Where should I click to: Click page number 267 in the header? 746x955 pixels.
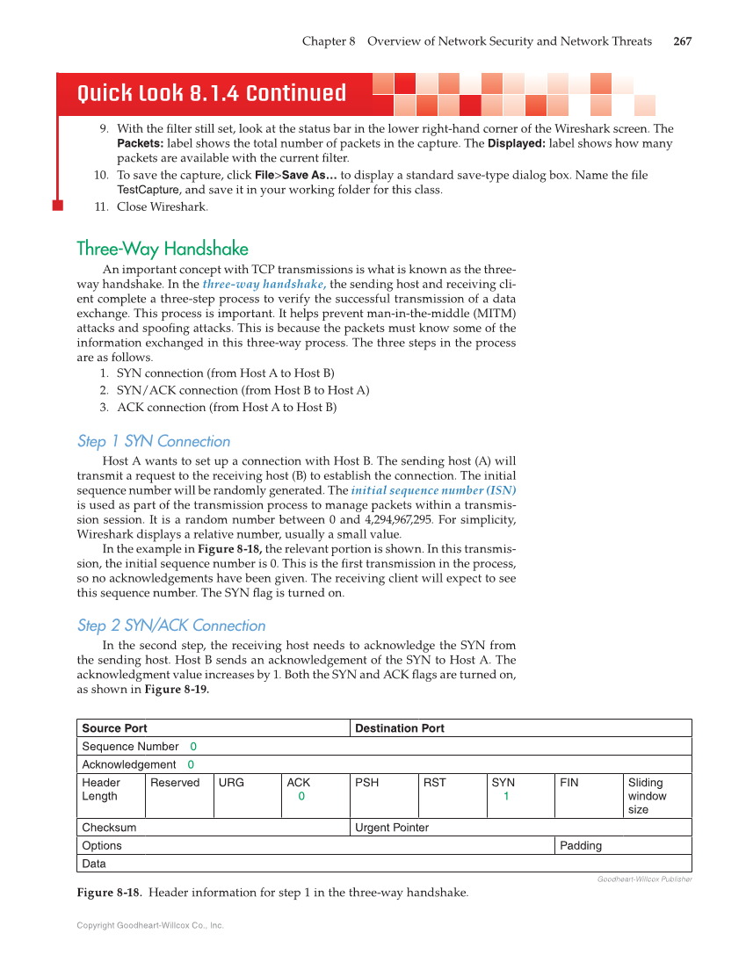point(682,41)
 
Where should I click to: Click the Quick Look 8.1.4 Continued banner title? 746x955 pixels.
point(212,93)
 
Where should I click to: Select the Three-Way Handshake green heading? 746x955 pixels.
point(163,249)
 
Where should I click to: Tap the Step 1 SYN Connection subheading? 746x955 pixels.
point(154,441)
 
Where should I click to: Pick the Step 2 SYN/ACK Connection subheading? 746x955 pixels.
point(171,626)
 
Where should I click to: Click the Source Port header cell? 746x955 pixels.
point(114,728)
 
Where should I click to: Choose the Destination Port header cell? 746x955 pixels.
point(399,728)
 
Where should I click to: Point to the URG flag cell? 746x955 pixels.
point(231,783)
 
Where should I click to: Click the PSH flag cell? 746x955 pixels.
point(366,783)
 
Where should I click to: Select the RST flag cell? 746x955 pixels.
point(435,783)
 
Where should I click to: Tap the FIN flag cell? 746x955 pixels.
point(569,783)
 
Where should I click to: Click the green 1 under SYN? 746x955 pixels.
point(506,797)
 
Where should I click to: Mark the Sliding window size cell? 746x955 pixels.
point(647,796)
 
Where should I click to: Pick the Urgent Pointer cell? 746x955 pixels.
point(391,828)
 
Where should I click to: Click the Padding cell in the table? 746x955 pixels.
point(581,845)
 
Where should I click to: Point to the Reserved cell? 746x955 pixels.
point(175,783)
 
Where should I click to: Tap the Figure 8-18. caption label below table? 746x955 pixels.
point(110,894)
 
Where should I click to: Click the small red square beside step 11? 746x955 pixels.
point(58,206)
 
